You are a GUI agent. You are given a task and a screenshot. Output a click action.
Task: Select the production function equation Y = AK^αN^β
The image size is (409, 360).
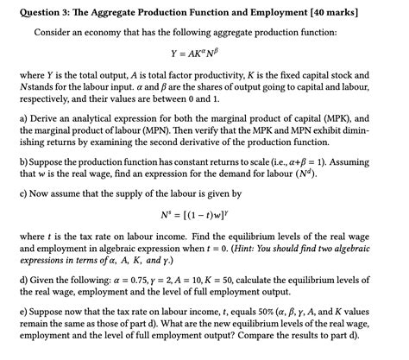point(204,54)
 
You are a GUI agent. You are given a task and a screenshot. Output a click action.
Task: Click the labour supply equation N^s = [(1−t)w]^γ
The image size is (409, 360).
point(204,213)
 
